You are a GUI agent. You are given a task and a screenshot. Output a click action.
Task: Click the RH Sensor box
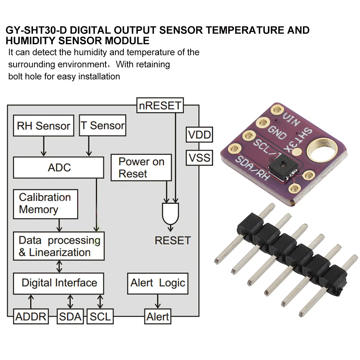[x=43, y=126]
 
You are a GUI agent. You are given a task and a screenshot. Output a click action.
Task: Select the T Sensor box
[x=103, y=125]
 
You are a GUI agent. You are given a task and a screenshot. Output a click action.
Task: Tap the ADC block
[x=58, y=167]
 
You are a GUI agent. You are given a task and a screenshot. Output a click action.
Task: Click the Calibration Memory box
[x=45, y=204]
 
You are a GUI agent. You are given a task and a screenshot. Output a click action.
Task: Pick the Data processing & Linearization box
[x=59, y=246]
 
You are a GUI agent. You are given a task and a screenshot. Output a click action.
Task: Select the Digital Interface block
[x=58, y=283]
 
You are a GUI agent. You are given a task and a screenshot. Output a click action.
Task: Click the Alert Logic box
[x=157, y=283]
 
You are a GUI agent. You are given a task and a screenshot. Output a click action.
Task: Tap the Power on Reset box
[x=141, y=167]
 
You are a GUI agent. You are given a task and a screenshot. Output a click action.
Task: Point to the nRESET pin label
[x=160, y=105]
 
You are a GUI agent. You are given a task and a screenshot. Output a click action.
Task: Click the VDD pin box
[x=199, y=135]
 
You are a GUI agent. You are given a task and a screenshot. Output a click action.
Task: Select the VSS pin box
[x=199, y=157]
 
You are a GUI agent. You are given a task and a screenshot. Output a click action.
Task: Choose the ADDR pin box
[x=31, y=316]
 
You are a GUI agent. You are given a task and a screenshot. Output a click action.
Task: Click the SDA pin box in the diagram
[x=70, y=316]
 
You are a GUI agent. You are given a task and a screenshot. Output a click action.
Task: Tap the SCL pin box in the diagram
[x=100, y=316]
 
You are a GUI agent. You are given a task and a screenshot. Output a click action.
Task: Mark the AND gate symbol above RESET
[x=170, y=214]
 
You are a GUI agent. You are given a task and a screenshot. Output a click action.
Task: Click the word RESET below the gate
[x=172, y=240]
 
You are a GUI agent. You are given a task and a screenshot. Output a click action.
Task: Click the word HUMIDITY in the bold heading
[x=30, y=40]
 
